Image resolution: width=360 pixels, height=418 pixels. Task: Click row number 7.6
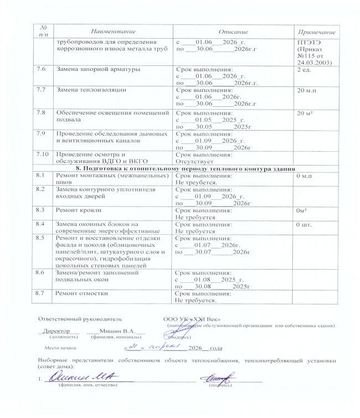[40, 69]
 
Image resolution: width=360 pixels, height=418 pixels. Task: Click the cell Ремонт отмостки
[81, 293]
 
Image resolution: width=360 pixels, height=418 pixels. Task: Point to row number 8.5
[40, 238]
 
